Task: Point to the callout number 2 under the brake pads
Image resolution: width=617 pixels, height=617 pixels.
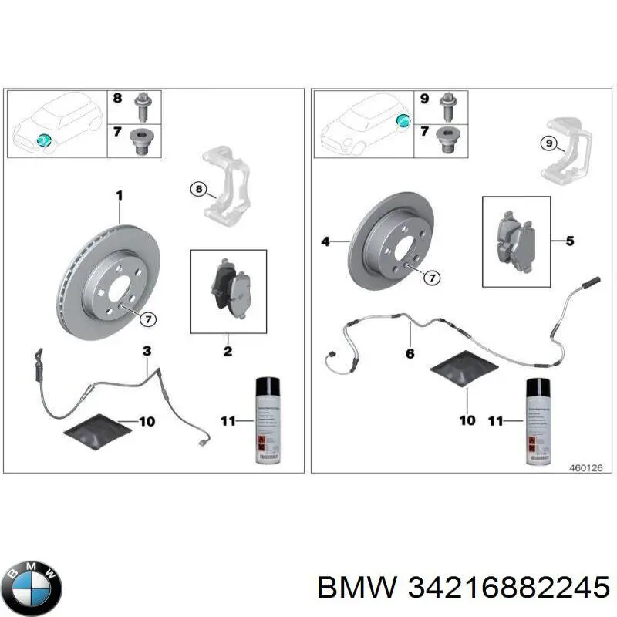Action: click(x=228, y=352)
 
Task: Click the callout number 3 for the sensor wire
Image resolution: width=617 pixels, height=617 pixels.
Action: click(x=147, y=352)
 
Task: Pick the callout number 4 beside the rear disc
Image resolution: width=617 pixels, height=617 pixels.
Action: click(x=325, y=242)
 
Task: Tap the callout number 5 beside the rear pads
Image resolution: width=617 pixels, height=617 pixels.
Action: click(x=570, y=241)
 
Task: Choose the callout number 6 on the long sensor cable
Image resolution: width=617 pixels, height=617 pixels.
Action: click(x=410, y=353)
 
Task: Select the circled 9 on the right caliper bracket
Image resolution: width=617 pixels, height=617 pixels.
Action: click(x=547, y=142)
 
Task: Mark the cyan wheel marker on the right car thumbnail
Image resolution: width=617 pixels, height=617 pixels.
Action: click(x=402, y=119)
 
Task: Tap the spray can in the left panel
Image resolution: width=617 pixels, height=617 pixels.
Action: click(x=267, y=420)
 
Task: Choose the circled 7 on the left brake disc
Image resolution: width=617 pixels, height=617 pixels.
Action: click(x=148, y=319)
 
